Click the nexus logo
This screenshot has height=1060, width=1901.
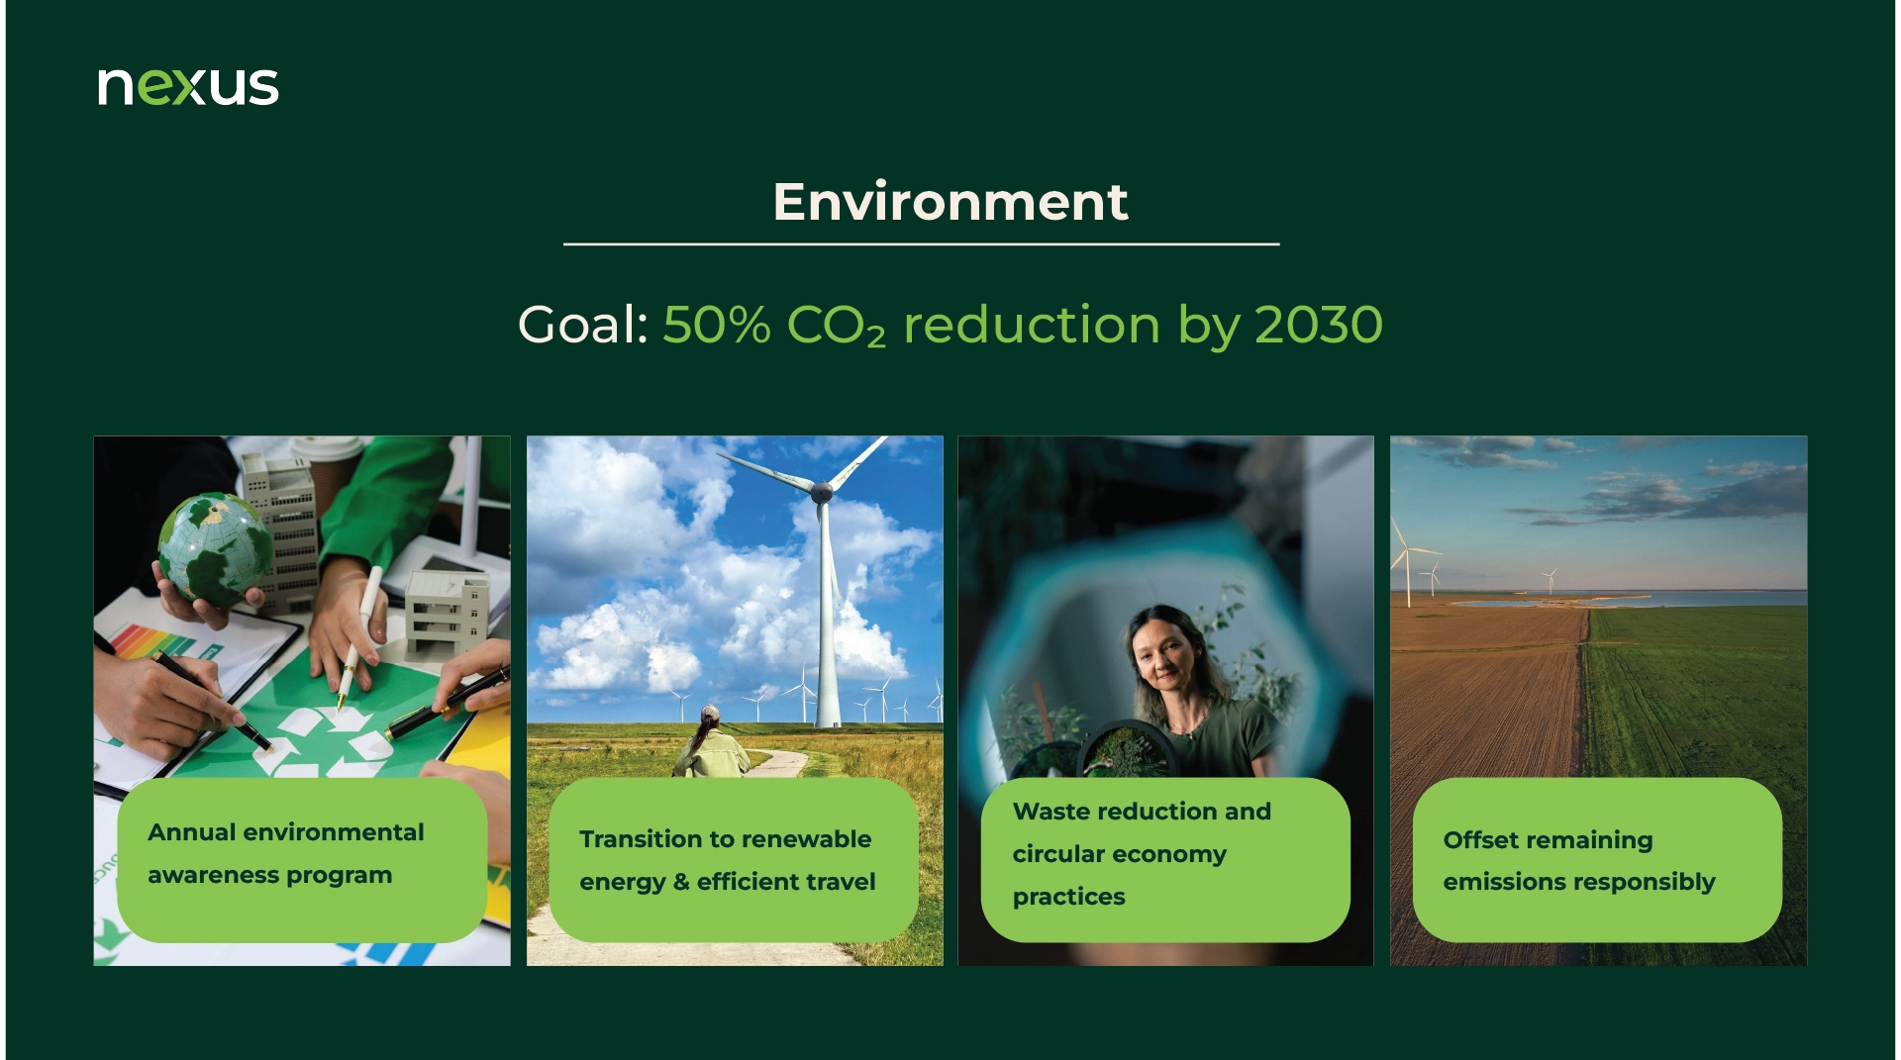coord(188,86)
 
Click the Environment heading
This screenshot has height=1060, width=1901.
coord(950,202)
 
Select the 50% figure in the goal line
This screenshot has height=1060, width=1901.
coord(717,324)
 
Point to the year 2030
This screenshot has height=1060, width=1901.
coord(1319,324)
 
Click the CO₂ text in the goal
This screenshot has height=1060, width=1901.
coord(837,326)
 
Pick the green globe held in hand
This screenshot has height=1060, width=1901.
coord(215,548)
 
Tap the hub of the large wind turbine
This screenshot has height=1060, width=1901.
coord(822,488)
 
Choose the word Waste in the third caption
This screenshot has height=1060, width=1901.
coord(1051,812)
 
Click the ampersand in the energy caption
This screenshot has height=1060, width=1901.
coord(681,882)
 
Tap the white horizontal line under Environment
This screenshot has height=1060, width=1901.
coord(921,243)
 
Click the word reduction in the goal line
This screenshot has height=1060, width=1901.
coord(1032,324)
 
